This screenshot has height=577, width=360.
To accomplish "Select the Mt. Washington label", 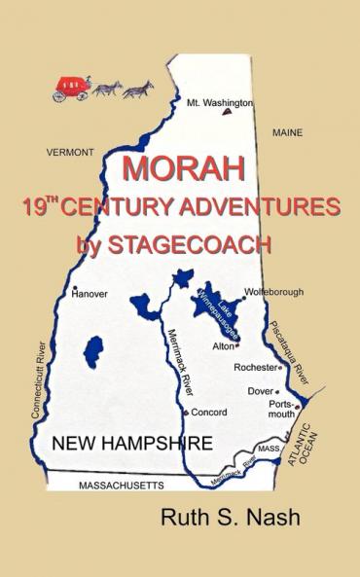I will click(x=220, y=101).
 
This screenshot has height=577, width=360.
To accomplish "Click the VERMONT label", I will click(x=70, y=153).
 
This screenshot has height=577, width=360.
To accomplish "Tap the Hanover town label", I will click(x=90, y=293).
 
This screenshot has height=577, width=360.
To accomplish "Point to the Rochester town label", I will click(x=255, y=368).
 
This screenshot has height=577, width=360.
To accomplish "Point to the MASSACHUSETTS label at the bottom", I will click(x=107, y=485).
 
